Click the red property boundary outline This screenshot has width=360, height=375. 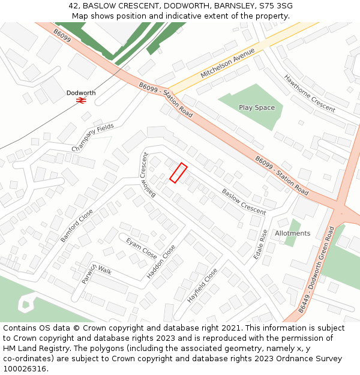pos(178,173)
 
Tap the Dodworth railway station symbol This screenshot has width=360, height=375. pos(81,101)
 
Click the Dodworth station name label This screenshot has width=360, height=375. pos(81,93)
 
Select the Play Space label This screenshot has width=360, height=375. pos(257,108)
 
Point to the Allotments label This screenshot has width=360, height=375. pos(293,233)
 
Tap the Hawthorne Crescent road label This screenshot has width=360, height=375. pos(310,94)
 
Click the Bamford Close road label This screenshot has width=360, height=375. pos(77,226)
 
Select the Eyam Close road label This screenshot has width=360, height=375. pos(141,248)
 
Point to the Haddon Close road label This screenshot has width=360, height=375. pos(161,262)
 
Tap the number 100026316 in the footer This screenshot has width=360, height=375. pos(24,368)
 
